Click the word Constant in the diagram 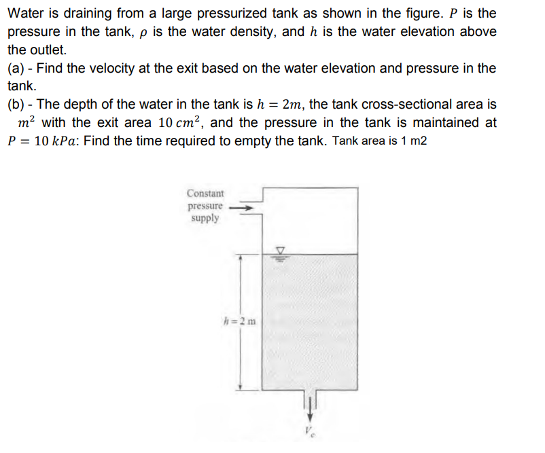(x=205, y=194)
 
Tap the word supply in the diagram (x=205, y=218)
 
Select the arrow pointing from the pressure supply (x=243, y=207)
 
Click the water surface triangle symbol (x=279, y=249)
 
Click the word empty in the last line (x=262, y=141)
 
